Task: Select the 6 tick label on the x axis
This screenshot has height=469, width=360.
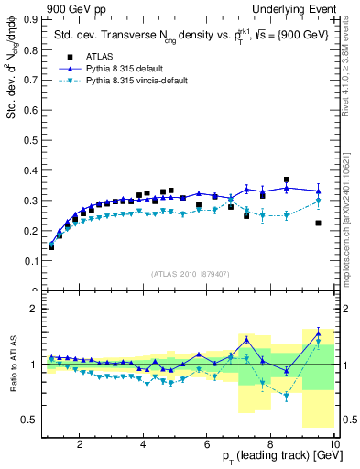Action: point(207,444)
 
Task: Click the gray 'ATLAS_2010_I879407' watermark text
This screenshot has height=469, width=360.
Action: point(190,272)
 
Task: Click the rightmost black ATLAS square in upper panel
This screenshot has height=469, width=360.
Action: point(318,223)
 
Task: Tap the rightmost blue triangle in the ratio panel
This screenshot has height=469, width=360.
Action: point(318,333)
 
